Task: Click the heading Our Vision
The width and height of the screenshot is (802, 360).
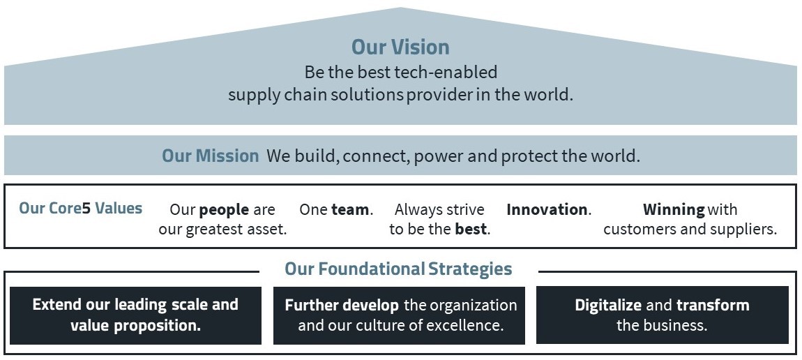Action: [400, 47]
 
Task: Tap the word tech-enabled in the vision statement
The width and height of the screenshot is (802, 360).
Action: [446, 72]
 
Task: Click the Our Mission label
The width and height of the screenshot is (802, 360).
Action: [210, 156]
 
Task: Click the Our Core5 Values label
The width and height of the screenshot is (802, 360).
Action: [80, 209]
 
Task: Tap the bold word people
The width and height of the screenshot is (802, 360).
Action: [224, 210]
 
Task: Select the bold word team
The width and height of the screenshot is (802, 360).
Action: [350, 210]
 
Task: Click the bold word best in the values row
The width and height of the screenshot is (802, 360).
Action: [471, 229]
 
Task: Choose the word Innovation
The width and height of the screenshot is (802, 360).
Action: [547, 210]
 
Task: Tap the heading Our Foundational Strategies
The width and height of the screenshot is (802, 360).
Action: [398, 269]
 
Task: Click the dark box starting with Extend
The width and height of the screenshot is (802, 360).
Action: [135, 315]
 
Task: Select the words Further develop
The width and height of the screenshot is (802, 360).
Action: [342, 306]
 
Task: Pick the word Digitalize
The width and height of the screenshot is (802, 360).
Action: [608, 306]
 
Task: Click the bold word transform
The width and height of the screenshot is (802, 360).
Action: [713, 306]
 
